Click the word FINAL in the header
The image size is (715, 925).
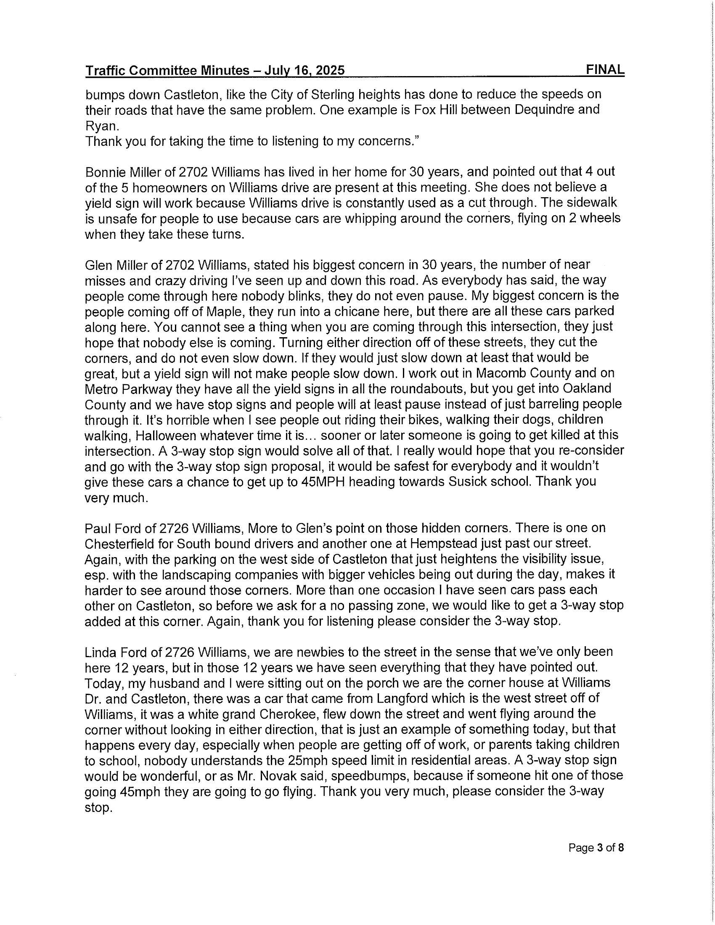(x=605, y=69)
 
